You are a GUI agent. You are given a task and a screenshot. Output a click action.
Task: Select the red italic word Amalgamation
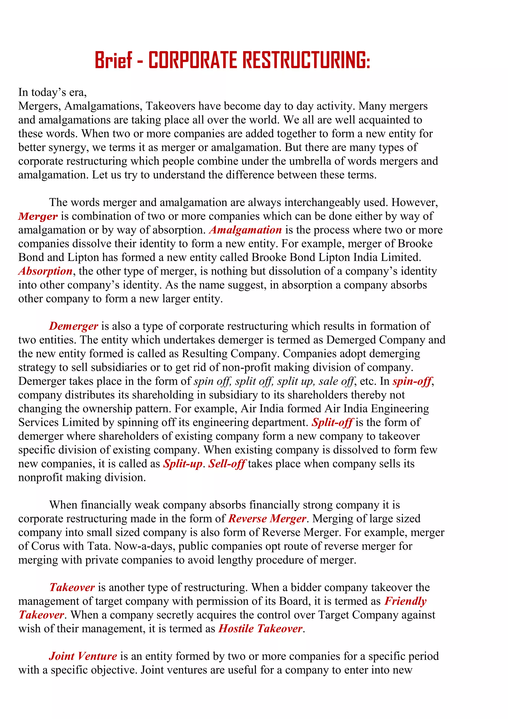point(245,230)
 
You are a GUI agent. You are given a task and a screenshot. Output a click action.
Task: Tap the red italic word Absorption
point(45,271)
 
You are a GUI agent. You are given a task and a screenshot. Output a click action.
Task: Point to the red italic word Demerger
point(73,326)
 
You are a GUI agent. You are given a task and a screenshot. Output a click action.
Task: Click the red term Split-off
point(332,423)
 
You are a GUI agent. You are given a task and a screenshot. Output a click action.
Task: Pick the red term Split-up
point(183,464)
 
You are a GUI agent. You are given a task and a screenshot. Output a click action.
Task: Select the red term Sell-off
point(227,464)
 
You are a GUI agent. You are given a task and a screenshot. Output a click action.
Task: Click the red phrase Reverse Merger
point(267,519)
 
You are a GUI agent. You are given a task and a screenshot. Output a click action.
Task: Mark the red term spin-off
point(412,381)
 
